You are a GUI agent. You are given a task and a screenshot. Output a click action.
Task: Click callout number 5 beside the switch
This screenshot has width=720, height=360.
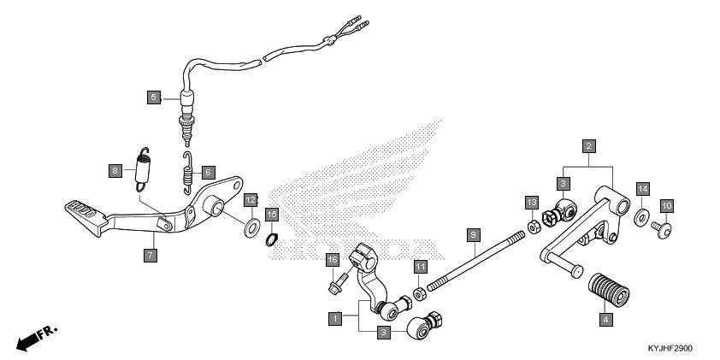pyautogui.click(x=153, y=97)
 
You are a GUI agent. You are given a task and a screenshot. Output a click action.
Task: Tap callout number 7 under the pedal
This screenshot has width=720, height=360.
pyautogui.click(x=150, y=256)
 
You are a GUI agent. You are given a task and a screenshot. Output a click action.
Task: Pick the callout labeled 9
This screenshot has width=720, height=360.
pyautogui.click(x=471, y=233)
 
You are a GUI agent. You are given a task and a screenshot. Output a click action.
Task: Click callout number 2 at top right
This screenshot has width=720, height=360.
pyautogui.click(x=589, y=146)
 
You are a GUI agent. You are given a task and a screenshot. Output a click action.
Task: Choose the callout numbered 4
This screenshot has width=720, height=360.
pyautogui.click(x=605, y=319)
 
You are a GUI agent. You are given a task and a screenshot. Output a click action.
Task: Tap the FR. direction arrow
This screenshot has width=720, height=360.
pyautogui.click(x=34, y=338)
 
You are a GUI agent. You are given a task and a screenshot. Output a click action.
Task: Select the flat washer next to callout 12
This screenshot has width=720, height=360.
pyautogui.click(x=253, y=228)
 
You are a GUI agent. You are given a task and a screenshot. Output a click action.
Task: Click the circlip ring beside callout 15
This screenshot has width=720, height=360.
pyautogui.click(x=271, y=239)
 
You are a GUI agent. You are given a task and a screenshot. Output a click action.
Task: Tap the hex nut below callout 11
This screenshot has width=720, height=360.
pyautogui.click(x=420, y=294)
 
